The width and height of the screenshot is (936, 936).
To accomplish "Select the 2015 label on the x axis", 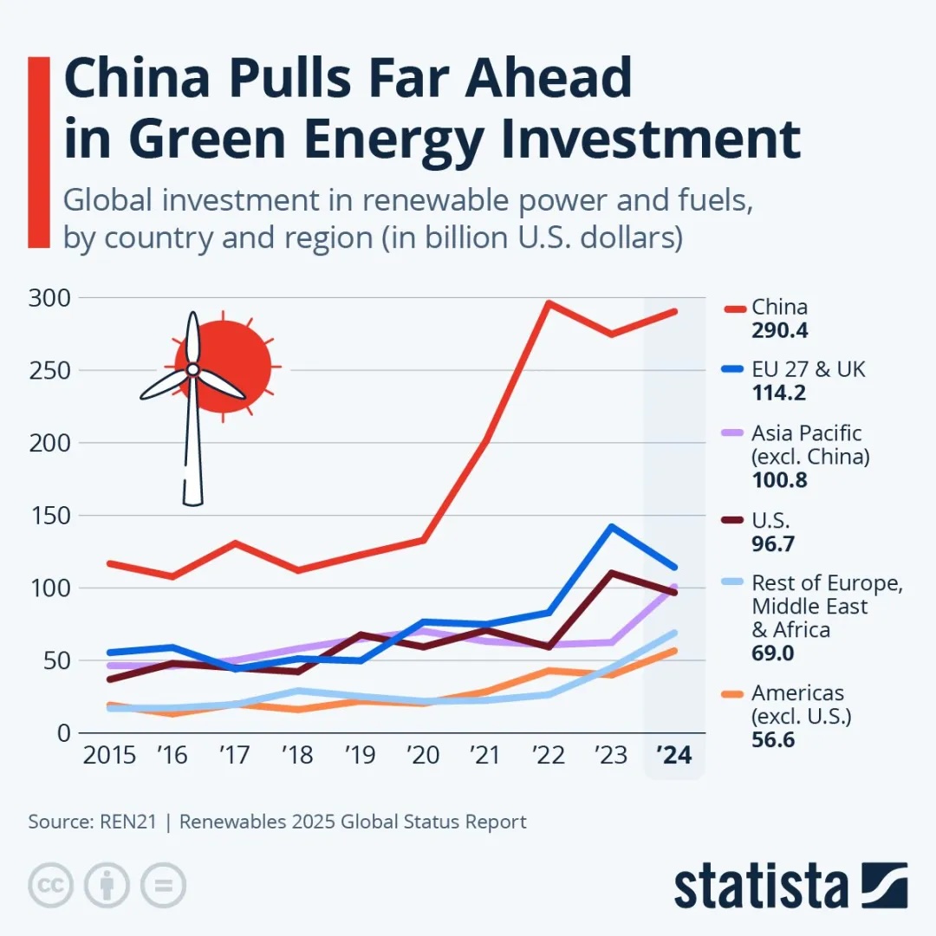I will point(109,756).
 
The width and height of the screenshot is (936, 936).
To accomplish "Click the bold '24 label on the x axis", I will point(673,756).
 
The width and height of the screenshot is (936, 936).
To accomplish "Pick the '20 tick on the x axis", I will point(423,756).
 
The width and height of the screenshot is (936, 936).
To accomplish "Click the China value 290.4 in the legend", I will point(779,331).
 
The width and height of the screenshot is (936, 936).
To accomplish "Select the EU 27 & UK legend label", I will point(808,370).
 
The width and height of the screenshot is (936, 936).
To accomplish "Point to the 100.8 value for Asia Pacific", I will point(779,479).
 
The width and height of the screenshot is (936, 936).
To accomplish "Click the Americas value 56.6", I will point(773,740).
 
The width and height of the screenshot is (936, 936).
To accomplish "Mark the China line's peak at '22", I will point(549,302).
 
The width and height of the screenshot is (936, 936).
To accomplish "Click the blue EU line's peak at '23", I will point(612,526).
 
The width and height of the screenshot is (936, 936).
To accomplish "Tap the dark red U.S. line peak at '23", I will point(612,573).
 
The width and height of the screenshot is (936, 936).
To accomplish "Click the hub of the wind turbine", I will point(192,370).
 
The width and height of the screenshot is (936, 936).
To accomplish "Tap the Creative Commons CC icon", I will point(50,885).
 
